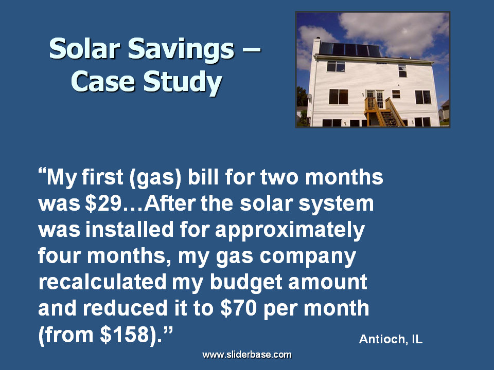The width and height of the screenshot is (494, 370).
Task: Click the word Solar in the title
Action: click(84, 49)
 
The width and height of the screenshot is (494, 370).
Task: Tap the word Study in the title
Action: click(183, 82)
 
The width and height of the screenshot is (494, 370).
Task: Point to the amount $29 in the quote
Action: click(103, 203)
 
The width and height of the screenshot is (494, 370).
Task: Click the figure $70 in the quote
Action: click(238, 308)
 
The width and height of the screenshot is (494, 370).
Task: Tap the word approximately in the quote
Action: click(290, 231)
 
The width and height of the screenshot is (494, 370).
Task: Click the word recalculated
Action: click(102, 282)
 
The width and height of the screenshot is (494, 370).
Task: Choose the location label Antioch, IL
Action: click(391, 339)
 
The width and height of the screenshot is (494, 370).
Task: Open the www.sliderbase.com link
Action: click(247, 355)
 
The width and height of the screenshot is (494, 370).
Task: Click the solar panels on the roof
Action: click(350, 50)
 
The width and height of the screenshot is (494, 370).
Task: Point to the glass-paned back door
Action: click(376, 99)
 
